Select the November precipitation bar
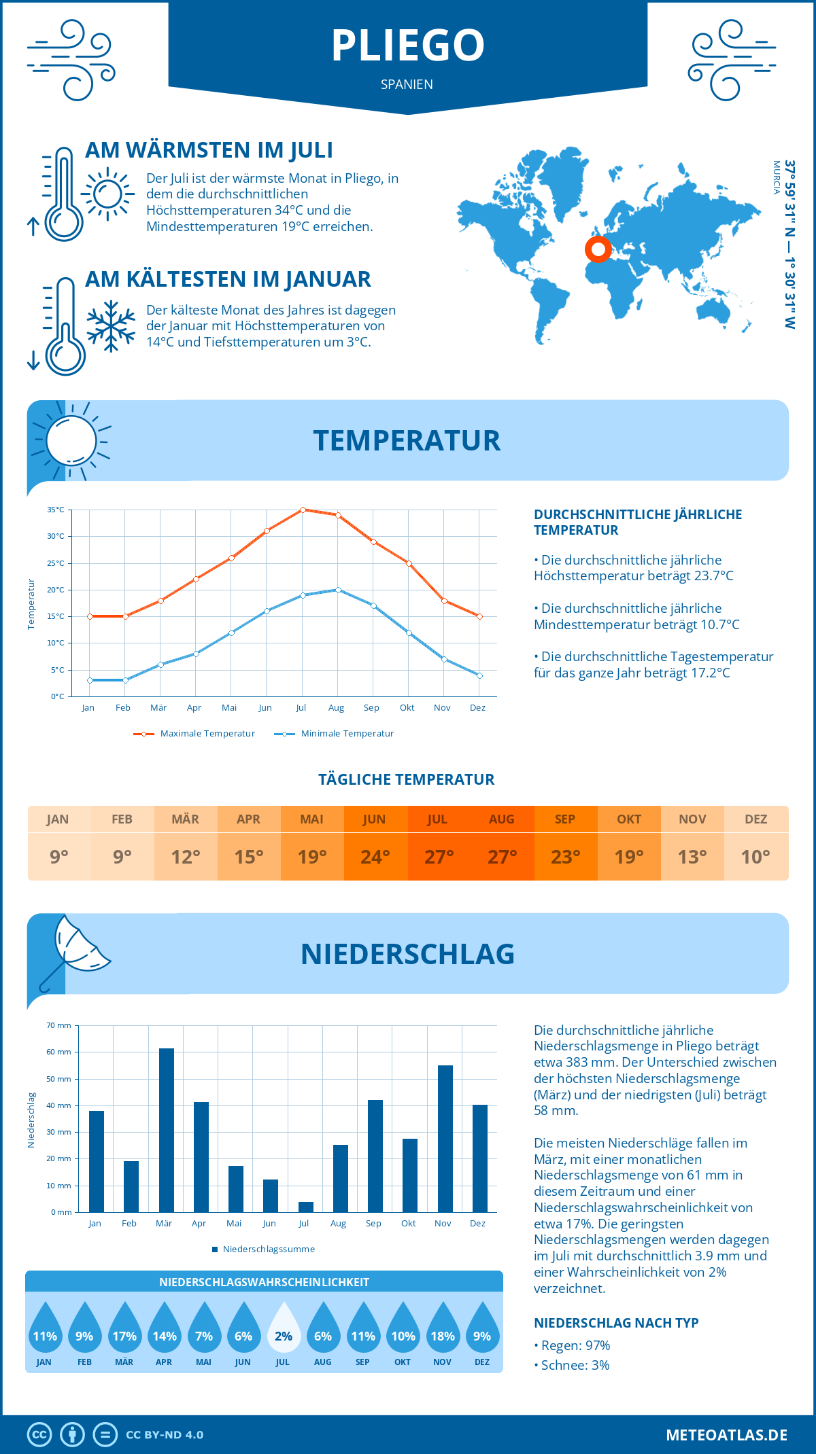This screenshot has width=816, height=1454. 445,1138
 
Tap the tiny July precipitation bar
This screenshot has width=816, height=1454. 306,1207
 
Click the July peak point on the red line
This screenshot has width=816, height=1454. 303,510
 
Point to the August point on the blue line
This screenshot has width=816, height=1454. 338,590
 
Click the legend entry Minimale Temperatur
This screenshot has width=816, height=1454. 347,734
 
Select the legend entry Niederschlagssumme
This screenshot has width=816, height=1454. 269,1249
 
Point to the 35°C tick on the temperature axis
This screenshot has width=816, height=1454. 56,510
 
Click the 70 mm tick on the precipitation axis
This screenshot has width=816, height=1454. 59,1025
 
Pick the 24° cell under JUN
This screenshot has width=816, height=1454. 375,857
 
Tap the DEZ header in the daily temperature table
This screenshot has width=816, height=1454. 756,819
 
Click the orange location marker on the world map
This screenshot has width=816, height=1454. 598,249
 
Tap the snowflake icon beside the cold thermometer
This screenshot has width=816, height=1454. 111,326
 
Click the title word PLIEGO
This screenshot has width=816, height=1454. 408,46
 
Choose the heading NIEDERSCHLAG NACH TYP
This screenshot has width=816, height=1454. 616,1323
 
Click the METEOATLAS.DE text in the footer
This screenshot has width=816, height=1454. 726,1435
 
